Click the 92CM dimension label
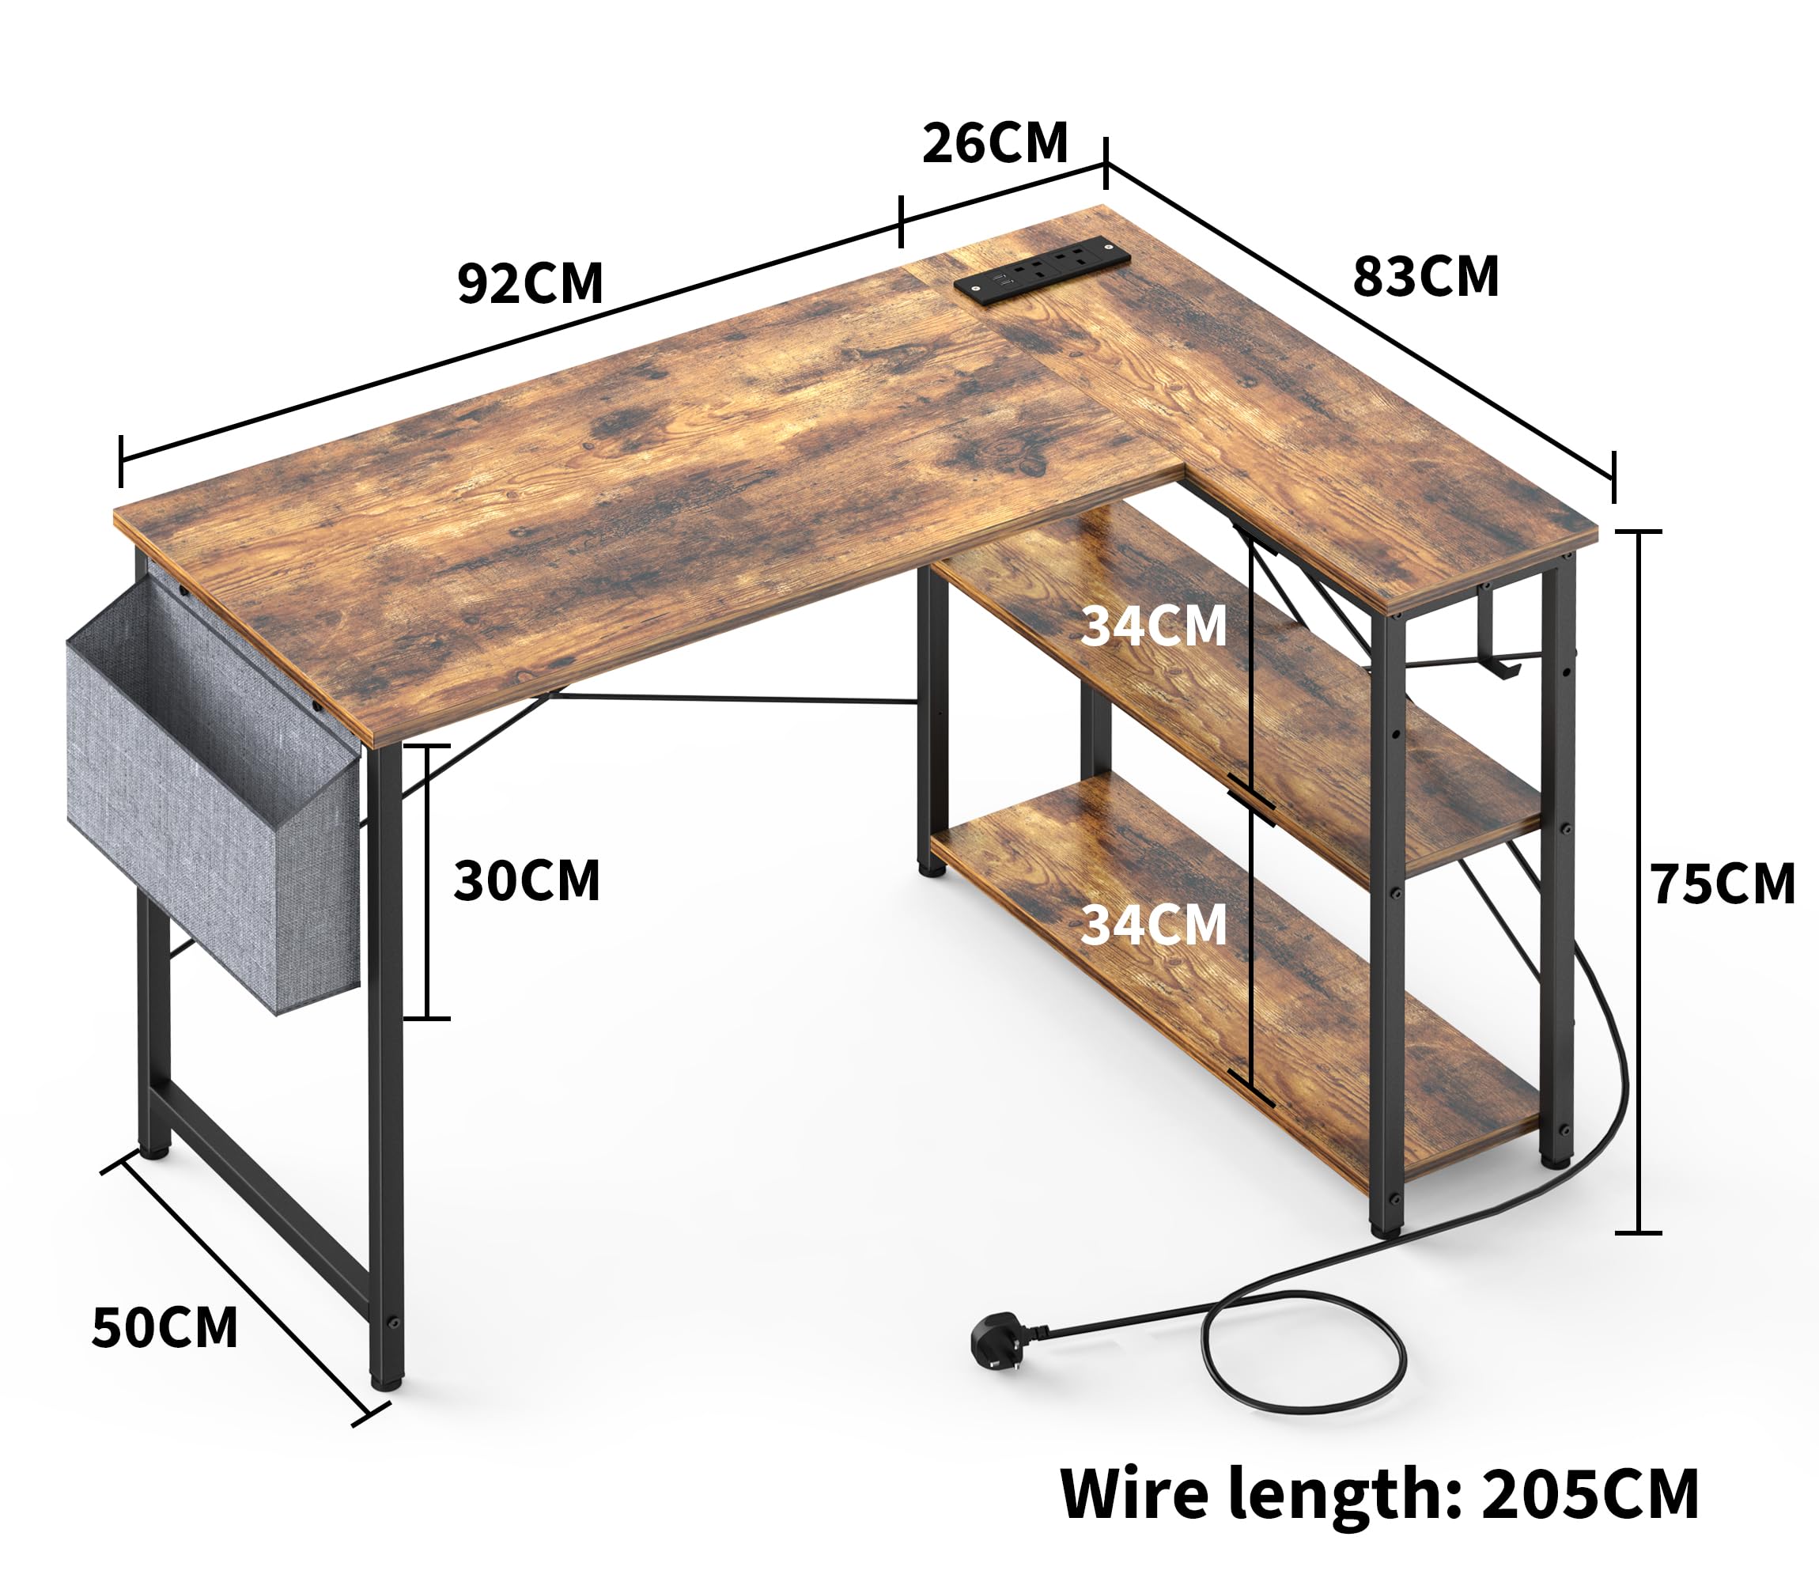[x=530, y=283]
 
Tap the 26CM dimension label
[x=995, y=143]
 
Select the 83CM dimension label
[x=1425, y=276]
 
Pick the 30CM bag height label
[x=527, y=880]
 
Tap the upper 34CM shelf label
[x=1154, y=626]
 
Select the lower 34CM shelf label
[x=1154, y=925]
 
